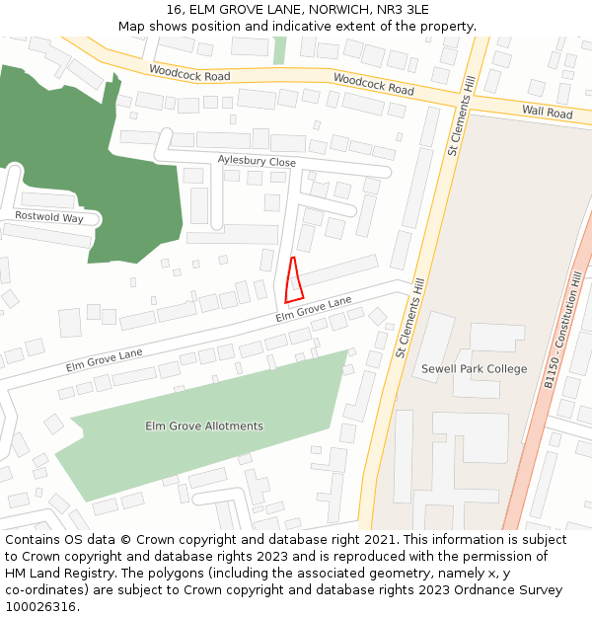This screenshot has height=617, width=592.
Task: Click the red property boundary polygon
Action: click(x=292, y=281)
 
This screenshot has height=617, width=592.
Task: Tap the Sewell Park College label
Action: click(x=475, y=369)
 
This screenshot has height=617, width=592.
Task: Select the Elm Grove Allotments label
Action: click(x=204, y=426)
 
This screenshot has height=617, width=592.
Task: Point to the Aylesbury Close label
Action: click(x=257, y=162)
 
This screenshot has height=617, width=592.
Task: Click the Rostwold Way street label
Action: click(x=49, y=216)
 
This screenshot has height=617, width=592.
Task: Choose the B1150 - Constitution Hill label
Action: click(x=563, y=331)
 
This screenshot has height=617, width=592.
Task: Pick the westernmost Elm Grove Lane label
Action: click(x=105, y=358)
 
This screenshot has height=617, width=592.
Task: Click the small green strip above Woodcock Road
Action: click(x=279, y=50)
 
